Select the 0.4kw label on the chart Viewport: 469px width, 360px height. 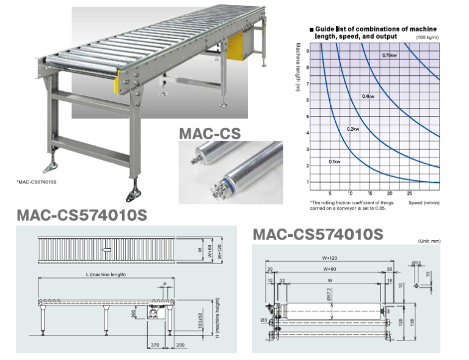[368, 97]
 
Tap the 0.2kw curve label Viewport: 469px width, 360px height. [352, 130]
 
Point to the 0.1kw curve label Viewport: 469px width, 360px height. [335, 161]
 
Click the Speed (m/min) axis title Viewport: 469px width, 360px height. [424, 202]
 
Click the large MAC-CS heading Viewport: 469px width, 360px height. [209, 133]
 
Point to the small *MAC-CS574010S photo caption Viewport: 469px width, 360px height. [41, 182]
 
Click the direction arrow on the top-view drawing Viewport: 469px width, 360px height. [107, 249]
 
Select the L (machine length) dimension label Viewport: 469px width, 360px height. [107, 275]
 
